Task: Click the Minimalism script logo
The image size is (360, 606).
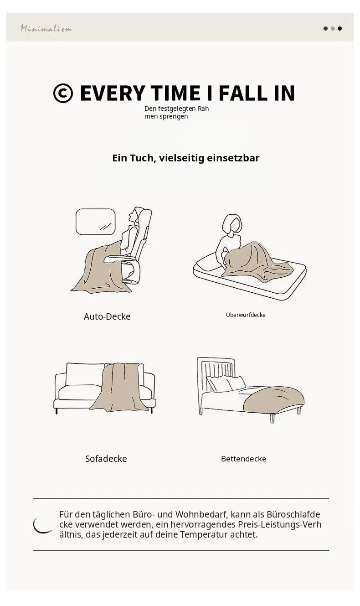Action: click(x=46, y=28)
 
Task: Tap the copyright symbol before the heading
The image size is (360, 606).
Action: click(x=63, y=93)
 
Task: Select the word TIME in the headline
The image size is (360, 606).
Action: click(x=175, y=93)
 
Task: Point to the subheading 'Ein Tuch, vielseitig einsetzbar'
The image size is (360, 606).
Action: click(x=185, y=158)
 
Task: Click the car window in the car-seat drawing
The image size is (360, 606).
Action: click(x=95, y=222)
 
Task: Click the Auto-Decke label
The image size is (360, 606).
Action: click(x=107, y=316)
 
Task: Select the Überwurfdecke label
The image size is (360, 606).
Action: click(x=246, y=315)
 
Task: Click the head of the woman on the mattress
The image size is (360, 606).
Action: click(x=232, y=224)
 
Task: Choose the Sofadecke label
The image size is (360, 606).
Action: click(x=106, y=459)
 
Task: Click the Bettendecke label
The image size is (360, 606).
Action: click(x=243, y=459)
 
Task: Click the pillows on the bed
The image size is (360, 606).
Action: click(x=226, y=383)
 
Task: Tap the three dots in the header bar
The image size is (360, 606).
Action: click(x=333, y=28)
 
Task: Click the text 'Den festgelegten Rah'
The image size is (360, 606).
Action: click(x=176, y=109)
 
